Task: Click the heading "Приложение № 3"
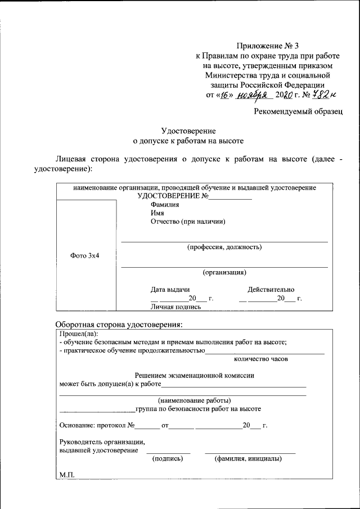(x=268, y=46)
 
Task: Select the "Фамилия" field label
(x=165, y=205)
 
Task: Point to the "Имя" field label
(x=157, y=213)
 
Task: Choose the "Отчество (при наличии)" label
(x=188, y=222)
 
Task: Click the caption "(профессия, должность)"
(x=224, y=247)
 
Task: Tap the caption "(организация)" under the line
(x=224, y=272)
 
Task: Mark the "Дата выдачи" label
(x=169, y=290)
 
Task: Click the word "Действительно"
(x=271, y=290)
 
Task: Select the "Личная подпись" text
(x=175, y=307)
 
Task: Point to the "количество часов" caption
(x=260, y=358)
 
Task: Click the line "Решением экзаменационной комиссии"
(x=195, y=375)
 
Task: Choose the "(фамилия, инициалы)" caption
(x=248, y=458)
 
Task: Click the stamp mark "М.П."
(x=67, y=475)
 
